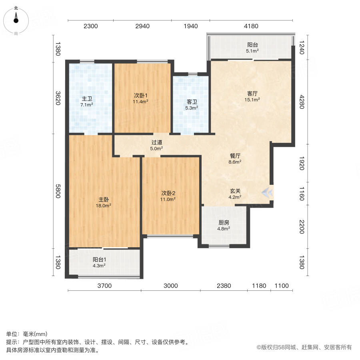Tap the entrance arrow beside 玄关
pos(268,193)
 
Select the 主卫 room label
pos(87,99)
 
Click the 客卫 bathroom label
pos(191,102)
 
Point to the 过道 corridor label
pos(157,142)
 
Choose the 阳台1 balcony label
pos(99,259)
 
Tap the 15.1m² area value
pos(253,100)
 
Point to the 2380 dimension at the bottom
pos(224,286)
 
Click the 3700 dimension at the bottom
pos(105,286)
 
